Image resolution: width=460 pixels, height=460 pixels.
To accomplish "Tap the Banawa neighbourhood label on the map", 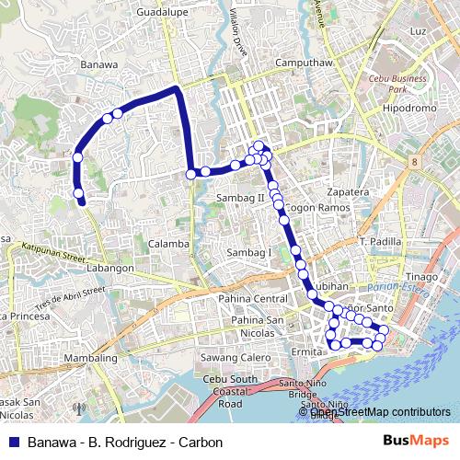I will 99,65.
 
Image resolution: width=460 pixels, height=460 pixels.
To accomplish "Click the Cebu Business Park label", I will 397,84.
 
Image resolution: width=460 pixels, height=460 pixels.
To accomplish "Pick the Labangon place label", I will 109,269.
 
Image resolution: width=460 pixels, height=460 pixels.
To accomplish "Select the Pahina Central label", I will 254,299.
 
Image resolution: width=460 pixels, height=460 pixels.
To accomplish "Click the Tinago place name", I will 422,276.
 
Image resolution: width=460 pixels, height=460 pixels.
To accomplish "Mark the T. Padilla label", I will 382,241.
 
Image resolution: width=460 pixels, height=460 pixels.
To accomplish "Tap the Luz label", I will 419,31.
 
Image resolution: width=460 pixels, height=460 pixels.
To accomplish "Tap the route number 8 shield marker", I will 415,162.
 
